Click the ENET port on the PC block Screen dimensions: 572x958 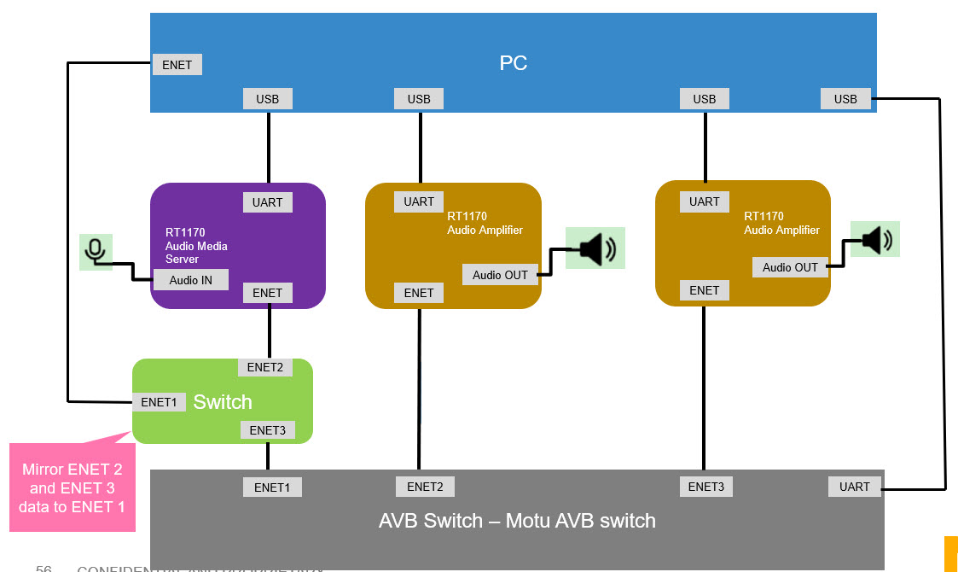tap(177, 65)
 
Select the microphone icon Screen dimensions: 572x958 tap(96, 251)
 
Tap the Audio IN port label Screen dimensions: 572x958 tap(191, 279)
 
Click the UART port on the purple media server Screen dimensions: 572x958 tap(267, 202)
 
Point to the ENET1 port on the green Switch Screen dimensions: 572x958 tap(159, 402)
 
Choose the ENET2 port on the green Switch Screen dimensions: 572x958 tap(264, 367)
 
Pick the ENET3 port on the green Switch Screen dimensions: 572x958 tap(267, 430)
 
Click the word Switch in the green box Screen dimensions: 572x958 tap(223, 402)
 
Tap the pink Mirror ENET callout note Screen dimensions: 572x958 tap(72, 487)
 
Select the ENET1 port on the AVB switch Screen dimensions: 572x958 tap(272, 487)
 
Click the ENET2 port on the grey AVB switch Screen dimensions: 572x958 tap(425, 487)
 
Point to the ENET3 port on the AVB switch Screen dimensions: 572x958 tap(705, 487)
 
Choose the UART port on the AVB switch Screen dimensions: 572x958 tap(854, 487)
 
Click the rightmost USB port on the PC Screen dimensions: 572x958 tap(845, 99)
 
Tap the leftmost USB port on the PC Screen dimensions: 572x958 tap(268, 99)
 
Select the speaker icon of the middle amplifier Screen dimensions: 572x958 tap(595, 248)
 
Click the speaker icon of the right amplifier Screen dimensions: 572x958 tap(875, 240)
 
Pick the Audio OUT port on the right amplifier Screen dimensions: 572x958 tap(790, 267)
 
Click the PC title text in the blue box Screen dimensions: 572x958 tap(513, 63)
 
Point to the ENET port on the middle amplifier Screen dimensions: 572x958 tap(419, 293)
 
